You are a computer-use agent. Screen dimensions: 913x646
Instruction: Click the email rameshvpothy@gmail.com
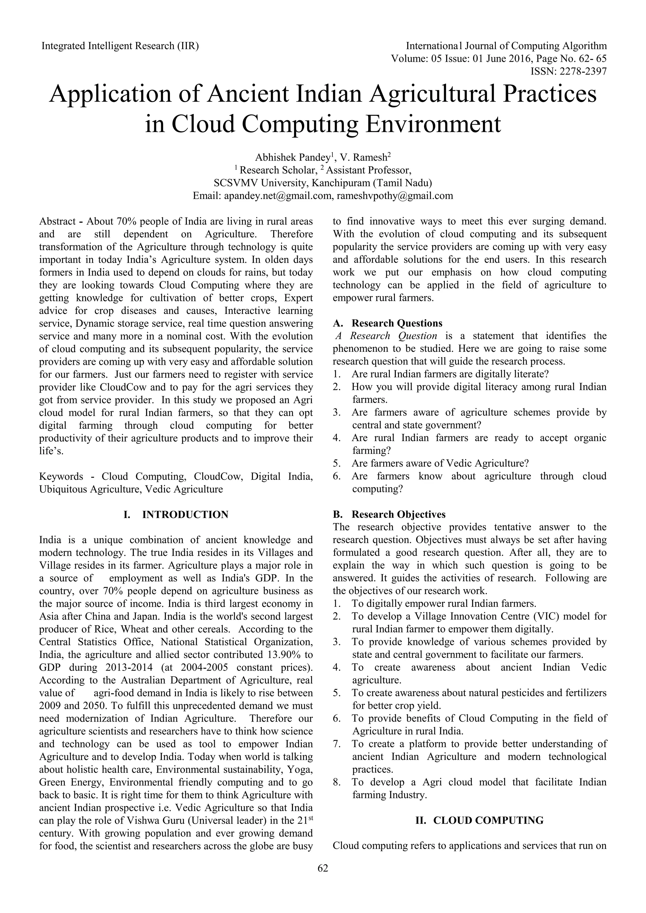[395, 196]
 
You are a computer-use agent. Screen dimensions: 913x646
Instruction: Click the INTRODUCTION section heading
[185, 515]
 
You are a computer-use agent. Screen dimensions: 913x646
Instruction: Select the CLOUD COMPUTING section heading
[488, 820]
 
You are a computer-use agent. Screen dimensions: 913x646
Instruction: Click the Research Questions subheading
[396, 323]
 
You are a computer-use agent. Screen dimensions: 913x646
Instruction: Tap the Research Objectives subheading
[398, 515]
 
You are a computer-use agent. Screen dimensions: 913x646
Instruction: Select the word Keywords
[61, 476]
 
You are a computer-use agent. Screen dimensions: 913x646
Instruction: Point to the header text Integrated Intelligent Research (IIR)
[120, 46]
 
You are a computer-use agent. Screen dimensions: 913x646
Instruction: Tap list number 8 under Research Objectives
[337, 782]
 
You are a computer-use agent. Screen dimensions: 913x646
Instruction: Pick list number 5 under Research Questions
[337, 463]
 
